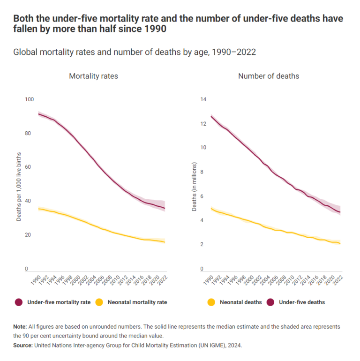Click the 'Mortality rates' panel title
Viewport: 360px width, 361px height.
coord(93,76)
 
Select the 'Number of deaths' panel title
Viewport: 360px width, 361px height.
coord(269,76)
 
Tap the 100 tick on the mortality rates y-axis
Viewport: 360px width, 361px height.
coord(30,99)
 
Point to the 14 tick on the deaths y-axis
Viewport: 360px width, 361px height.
coord(203,99)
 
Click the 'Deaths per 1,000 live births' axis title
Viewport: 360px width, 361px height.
coord(19,187)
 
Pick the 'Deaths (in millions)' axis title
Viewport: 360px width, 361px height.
coord(194,187)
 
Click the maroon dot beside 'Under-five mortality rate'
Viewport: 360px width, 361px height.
coord(19,302)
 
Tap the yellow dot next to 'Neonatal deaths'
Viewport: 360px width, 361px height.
coord(211,302)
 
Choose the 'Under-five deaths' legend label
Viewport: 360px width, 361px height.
coord(302,302)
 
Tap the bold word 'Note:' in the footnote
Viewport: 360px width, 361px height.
coord(20,326)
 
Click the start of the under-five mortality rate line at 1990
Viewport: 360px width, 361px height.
coord(38,114)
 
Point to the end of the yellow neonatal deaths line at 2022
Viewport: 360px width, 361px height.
coord(340,244)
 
